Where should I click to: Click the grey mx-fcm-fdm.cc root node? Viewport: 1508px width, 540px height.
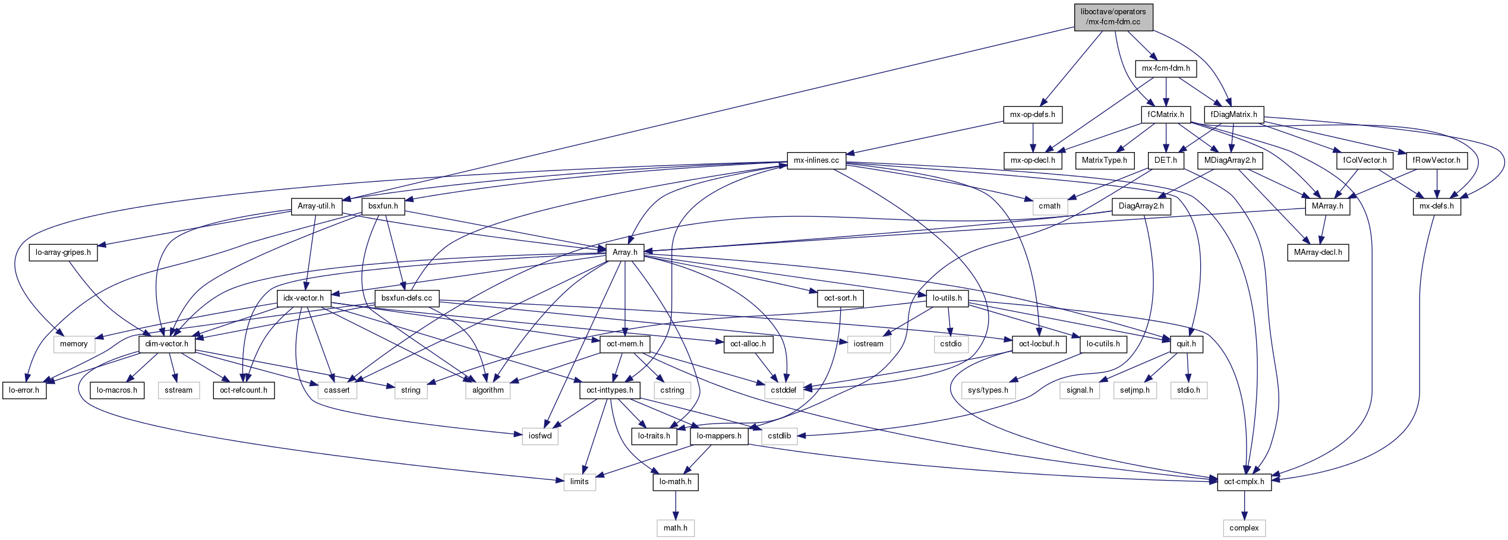coord(1113,17)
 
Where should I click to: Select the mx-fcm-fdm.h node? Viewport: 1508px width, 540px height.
coord(1166,68)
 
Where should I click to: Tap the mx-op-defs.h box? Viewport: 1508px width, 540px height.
coord(1033,115)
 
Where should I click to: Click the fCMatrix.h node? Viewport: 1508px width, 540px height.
coord(1166,115)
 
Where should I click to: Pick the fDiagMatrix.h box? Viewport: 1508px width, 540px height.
coord(1233,115)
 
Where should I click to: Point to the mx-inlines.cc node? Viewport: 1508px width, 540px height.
coord(816,160)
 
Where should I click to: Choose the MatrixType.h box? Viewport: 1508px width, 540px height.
coord(1104,160)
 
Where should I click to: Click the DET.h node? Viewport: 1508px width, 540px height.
coord(1165,160)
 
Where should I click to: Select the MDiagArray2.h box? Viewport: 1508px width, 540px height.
coord(1229,160)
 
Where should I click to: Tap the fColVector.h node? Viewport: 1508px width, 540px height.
coord(1365,160)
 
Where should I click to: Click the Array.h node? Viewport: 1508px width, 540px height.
coord(624,252)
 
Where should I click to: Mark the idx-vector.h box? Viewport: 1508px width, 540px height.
coord(303,298)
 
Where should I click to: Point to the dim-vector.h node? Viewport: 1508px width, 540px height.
coord(166,344)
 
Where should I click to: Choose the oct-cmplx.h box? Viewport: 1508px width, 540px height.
coord(1244,482)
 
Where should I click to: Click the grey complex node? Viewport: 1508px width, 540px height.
coord(1244,528)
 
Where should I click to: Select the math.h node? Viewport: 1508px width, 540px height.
coord(675,528)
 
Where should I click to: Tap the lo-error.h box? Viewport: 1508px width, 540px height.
coord(24,390)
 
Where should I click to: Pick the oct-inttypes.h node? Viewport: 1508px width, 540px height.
coord(610,390)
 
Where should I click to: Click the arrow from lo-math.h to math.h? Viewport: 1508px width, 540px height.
coord(675,505)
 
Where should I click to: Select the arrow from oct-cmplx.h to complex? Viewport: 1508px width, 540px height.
coord(1244,505)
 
